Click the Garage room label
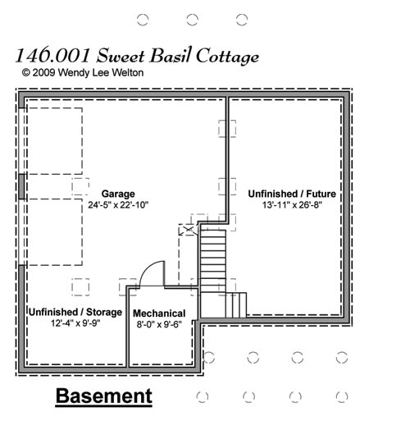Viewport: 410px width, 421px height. pos(118,194)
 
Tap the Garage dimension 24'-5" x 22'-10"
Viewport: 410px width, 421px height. pos(118,204)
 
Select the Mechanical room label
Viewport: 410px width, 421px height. pos(159,313)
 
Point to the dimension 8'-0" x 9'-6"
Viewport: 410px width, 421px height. pos(159,324)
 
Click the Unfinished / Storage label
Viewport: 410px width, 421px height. pos(75,312)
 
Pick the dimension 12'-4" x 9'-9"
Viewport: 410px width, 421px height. pos(75,323)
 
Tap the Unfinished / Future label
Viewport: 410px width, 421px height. pos(292,194)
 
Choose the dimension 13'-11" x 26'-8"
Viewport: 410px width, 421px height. pos(292,204)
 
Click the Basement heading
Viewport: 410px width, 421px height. pos(104,396)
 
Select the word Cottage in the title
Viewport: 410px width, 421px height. pos(227,56)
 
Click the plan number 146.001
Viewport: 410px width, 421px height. pos(52,55)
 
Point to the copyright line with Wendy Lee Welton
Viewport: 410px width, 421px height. pos(83,72)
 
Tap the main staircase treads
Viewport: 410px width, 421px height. pos(213,262)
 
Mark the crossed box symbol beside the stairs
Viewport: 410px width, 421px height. pos(189,230)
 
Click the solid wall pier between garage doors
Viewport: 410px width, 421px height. pos(21,186)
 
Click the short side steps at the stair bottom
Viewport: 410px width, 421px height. pos(236,305)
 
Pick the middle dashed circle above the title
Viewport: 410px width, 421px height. pos(192,20)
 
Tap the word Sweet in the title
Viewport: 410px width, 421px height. pos(121,55)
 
